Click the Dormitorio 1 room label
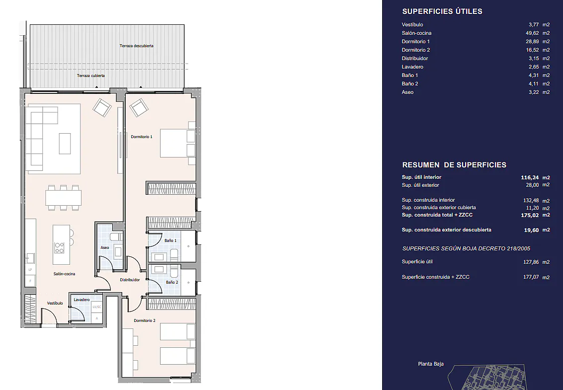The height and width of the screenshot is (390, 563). tap(142, 137)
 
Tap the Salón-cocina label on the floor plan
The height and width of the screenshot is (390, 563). tap(64, 274)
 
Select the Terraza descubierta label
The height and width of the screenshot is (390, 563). tap(137, 46)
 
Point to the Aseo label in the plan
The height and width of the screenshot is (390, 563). tap(105, 247)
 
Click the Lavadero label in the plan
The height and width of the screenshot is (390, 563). tap(81, 300)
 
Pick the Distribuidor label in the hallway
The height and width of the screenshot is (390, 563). tap(130, 280)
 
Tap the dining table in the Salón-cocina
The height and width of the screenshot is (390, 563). tap(63, 198)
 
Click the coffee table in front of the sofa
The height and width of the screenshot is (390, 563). tap(65, 143)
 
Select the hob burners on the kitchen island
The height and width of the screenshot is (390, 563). tap(59, 248)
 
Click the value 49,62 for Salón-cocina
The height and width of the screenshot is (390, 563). tap(532, 33)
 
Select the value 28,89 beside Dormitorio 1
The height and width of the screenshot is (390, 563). tap(532, 42)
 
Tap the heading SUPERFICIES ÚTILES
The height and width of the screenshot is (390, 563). tap(442, 11)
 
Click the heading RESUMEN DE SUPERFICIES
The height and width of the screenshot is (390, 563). tap(454, 165)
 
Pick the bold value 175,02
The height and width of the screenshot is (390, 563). tap(530, 216)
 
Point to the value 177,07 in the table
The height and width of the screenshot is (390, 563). tap(531, 277)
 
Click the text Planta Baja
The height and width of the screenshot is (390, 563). tap(430, 364)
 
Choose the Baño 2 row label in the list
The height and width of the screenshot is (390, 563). tap(410, 83)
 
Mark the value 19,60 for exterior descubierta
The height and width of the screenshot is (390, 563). tap(531, 230)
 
